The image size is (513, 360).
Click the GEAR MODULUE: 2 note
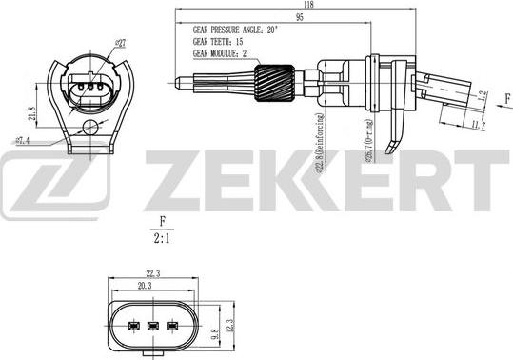pyautogui.click(x=225, y=54)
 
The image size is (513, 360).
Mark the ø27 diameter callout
pyautogui.click(x=121, y=43)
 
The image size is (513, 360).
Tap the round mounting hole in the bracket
pyautogui.click(x=90, y=128)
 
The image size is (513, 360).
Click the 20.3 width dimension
pyautogui.click(x=147, y=285)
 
